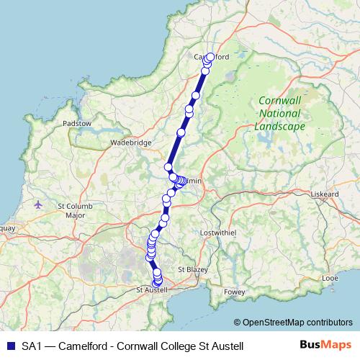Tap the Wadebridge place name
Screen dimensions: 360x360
click(130, 143)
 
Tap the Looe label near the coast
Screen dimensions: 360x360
click(330, 276)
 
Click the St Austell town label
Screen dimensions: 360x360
click(151, 289)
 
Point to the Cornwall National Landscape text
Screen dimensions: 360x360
click(280, 114)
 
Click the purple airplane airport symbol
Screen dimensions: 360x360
click(38, 204)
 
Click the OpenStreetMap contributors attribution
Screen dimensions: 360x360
click(297, 322)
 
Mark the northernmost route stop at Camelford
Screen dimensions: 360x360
click(211, 57)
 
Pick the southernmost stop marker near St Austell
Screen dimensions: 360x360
click(158, 282)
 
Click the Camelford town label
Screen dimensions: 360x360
click(211, 57)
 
